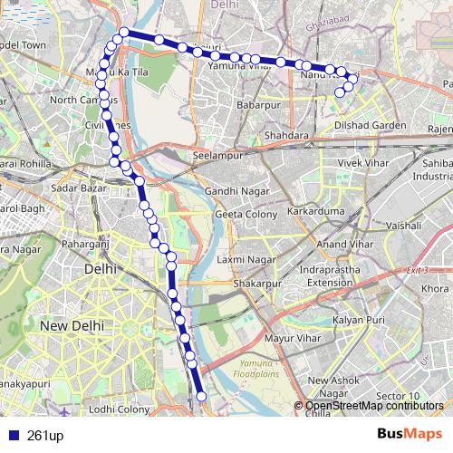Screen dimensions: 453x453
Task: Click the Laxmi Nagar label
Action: pos(240,259)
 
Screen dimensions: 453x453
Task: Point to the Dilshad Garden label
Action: pos(370,124)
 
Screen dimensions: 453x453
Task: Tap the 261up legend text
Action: pos(43,434)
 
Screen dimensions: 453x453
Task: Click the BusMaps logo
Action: pos(410,433)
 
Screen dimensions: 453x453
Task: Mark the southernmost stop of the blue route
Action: pos(201,396)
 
